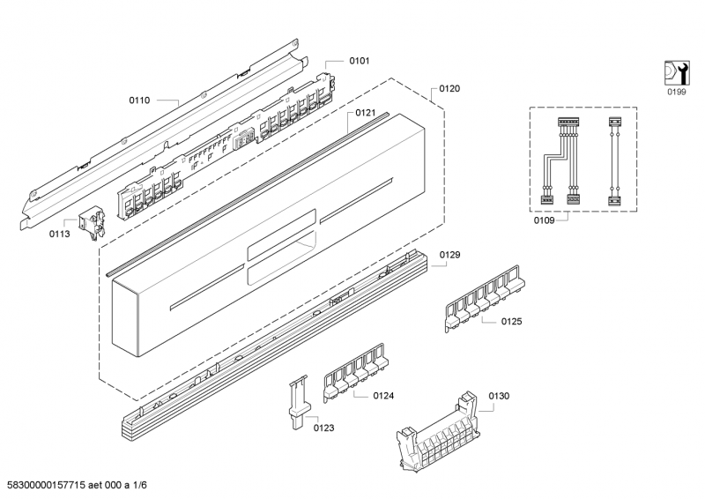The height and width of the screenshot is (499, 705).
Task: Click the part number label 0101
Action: pyautogui.click(x=360, y=61)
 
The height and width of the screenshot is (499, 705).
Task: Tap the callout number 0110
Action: pyautogui.click(x=139, y=101)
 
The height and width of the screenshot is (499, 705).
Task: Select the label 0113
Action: pyautogui.click(x=59, y=234)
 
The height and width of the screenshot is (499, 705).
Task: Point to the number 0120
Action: pyautogui.click(x=449, y=89)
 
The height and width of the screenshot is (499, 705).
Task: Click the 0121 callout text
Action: pyautogui.click(x=365, y=113)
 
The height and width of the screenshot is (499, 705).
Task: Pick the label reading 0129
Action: pyautogui.click(x=449, y=255)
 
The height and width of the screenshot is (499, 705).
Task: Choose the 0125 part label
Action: pyautogui.click(x=512, y=321)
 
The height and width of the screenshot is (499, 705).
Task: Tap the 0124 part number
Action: pyautogui.click(x=383, y=396)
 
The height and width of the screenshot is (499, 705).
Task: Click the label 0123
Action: pyautogui.click(x=323, y=428)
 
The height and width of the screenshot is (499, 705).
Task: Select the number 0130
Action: pyautogui.click(x=499, y=396)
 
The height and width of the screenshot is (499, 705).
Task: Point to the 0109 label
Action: pyautogui.click(x=544, y=220)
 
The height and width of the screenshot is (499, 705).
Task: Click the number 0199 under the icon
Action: pyautogui.click(x=676, y=92)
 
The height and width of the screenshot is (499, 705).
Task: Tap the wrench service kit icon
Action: pyautogui.click(x=676, y=72)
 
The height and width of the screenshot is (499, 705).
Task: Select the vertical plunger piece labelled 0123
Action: pyautogui.click(x=298, y=401)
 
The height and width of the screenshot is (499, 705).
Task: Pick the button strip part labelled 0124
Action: pyautogui.click(x=355, y=373)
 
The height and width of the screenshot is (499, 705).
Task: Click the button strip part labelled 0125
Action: pyautogui.click(x=485, y=298)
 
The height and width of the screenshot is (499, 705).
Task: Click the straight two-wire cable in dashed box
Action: pyautogui.click(x=614, y=161)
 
